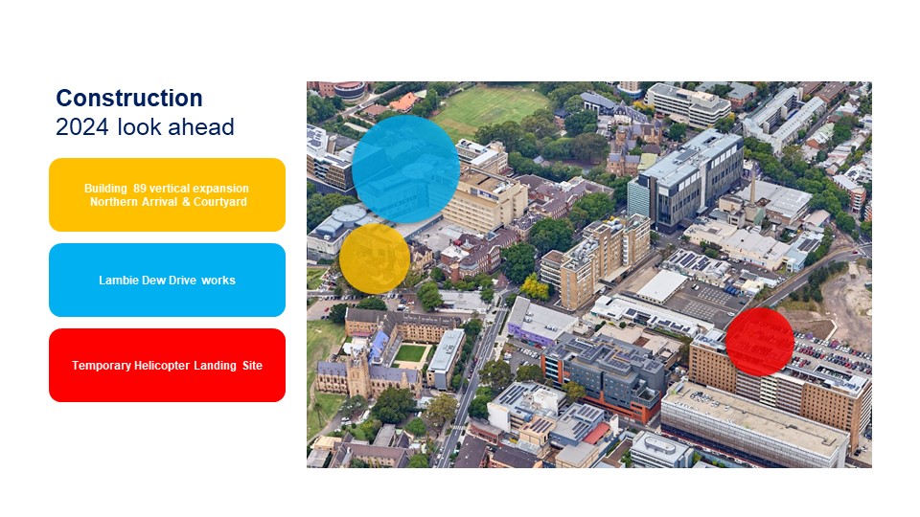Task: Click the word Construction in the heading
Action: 129,98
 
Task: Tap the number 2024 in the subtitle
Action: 81,127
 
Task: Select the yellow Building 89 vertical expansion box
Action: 167,194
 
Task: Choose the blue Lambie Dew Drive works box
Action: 167,281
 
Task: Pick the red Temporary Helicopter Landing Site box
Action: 167,365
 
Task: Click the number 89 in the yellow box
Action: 140,189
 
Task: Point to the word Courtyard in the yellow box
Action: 220,202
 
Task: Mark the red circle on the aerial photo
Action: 760,342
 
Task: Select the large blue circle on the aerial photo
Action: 406,169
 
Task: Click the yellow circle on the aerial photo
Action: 375,258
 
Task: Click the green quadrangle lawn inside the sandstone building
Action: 410,353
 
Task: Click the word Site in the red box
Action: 252,365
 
